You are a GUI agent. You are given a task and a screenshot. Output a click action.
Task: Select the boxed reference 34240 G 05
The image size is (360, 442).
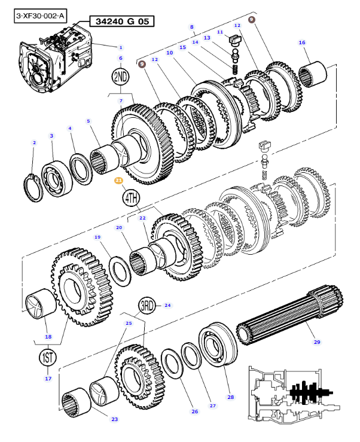point(121,22)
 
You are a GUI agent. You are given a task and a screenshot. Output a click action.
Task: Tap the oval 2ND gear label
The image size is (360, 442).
point(120,77)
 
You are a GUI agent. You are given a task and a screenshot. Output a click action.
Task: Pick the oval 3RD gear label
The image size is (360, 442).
point(148,306)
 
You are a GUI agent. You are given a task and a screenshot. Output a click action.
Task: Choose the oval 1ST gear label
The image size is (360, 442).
point(48,358)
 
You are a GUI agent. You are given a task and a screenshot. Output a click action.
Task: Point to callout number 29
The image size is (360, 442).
point(317,343)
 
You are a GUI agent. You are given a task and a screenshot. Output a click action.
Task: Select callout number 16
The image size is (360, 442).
point(302,42)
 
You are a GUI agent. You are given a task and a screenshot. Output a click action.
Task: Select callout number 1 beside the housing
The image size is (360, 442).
point(120,47)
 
